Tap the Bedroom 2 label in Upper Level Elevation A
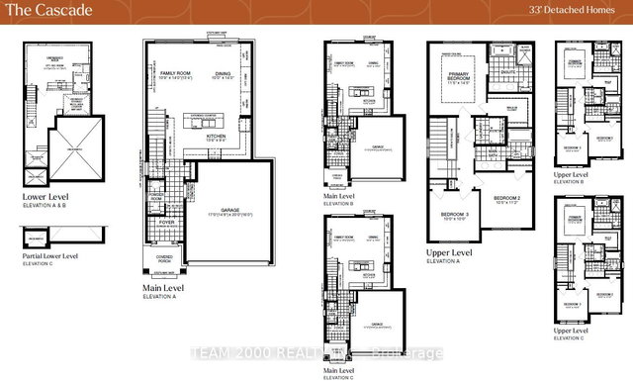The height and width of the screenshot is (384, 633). tap(506, 197)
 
